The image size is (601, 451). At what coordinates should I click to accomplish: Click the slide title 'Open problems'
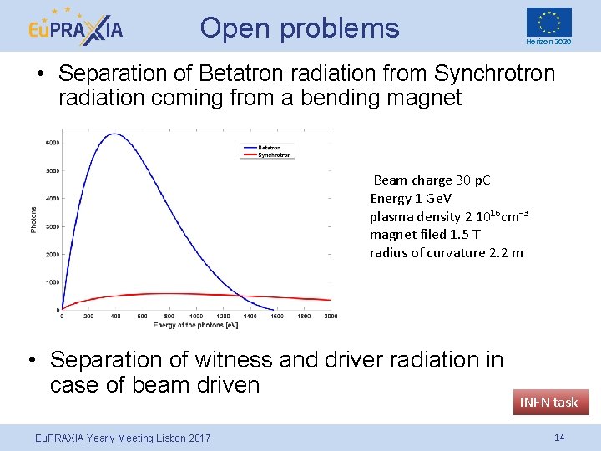(300, 28)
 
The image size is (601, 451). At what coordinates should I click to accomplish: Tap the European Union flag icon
(548, 22)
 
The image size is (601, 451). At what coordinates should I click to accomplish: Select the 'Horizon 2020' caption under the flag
(548, 42)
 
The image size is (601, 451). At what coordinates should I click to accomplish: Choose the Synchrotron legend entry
(274, 155)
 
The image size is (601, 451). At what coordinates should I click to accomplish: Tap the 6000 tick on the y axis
(51, 143)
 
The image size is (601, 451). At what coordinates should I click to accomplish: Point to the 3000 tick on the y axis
(51, 226)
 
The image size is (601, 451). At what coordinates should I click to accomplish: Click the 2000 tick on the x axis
(330, 317)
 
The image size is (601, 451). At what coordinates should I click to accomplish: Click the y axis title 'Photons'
(34, 220)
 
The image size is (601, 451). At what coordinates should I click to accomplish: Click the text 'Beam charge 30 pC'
(432, 180)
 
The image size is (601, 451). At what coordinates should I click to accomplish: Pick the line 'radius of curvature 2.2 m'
(446, 252)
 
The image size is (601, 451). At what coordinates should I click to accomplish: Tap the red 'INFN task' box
(548, 402)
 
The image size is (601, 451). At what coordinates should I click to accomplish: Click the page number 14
(558, 438)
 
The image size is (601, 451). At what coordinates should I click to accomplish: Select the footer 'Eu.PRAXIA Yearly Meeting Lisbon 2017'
(123, 438)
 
